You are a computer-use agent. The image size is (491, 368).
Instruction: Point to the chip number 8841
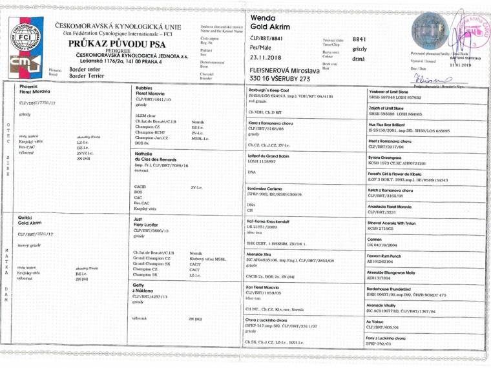(x=360, y=39)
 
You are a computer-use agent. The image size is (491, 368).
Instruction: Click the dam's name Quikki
(x=27, y=218)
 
